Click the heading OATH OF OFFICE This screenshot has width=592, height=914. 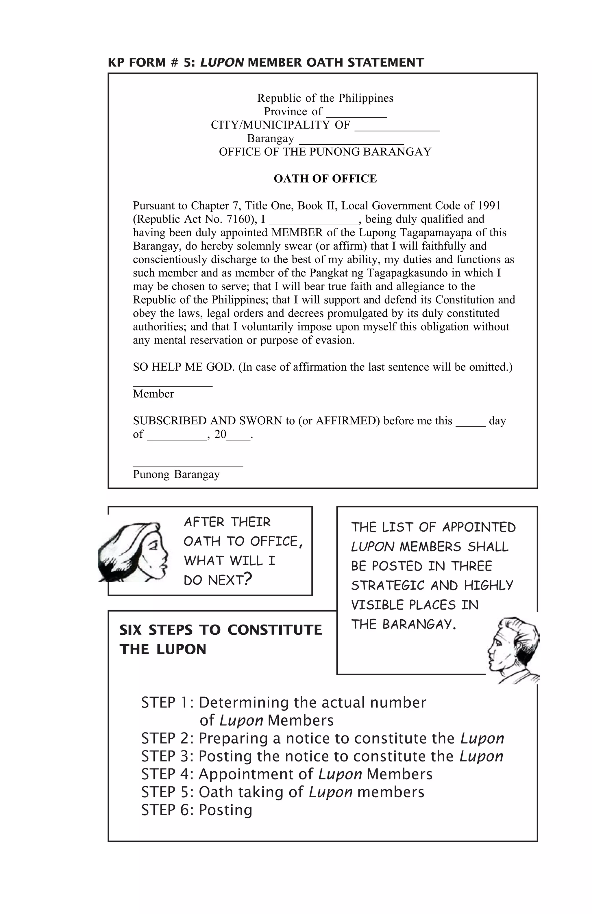pos(325,179)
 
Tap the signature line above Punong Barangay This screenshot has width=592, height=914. pos(188,465)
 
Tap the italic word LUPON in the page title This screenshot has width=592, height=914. pos(222,62)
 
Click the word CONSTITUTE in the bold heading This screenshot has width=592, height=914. pos(274,630)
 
